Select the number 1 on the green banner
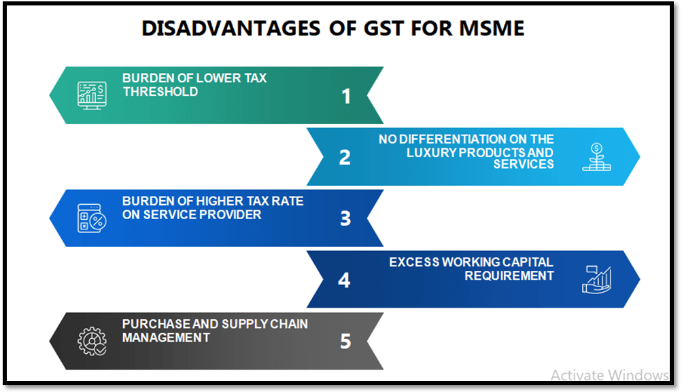(x=346, y=97)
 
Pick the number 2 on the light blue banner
(x=345, y=157)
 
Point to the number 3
(x=345, y=218)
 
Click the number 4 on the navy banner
(x=344, y=280)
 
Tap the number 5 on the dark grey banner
(x=345, y=341)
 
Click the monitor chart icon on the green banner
(x=91, y=95)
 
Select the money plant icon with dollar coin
(x=596, y=157)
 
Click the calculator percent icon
(x=91, y=218)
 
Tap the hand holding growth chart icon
(x=596, y=279)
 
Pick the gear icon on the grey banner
(x=91, y=341)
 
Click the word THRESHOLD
(x=160, y=92)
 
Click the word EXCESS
(x=415, y=263)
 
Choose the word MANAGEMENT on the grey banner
(x=167, y=337)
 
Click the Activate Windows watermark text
(x=609, y=375)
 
